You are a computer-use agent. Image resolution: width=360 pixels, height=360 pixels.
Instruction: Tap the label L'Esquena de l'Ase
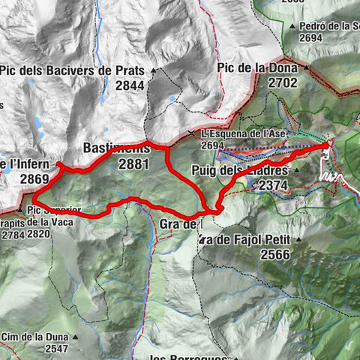tap(233, 134)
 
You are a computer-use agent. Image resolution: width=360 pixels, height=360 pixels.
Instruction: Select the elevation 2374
tap(274, 184)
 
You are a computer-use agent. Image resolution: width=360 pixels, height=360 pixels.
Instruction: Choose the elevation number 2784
tap(13, 234)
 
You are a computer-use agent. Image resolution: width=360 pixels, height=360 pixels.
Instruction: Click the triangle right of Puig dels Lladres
tap(297, 170)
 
